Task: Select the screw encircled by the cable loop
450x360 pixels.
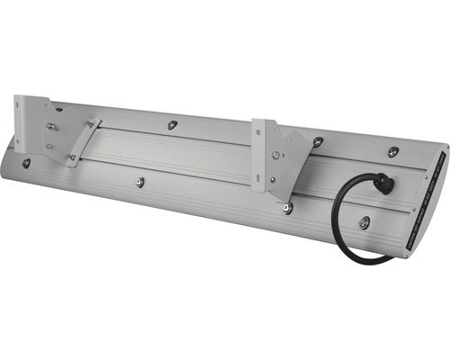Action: (x=363, y=222)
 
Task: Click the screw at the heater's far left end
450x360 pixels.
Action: (x=26, y=163)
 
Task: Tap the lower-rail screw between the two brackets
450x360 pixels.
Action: (x=140, y=182)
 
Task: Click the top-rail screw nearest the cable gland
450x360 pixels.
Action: (x=393, y=152)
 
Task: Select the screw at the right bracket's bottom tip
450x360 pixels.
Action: (x=287, y=209)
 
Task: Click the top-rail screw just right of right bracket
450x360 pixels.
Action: (x=318, y=141)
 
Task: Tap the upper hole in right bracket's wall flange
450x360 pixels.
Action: (x=260, y=135)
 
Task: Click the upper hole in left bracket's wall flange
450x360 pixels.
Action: (x=26, y=107)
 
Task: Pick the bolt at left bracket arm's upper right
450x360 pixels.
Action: (x=91, y=124)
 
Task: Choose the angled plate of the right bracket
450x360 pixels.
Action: (x=288, y=162)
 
